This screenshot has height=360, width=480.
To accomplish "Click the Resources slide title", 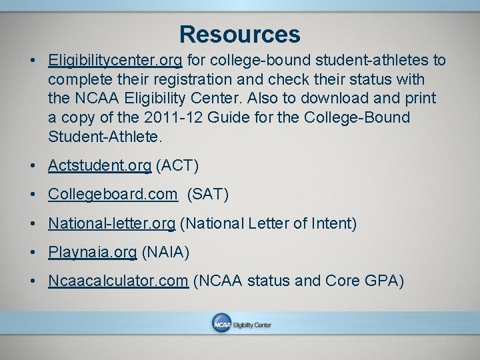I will [x=239, y=34].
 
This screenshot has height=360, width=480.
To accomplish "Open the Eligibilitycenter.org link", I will [x=115, y=61].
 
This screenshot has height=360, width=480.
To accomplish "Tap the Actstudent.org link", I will [x=99, y=165].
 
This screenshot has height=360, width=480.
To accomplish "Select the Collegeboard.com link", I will [x=113, y=194].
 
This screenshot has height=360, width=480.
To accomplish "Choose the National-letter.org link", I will [x=111, y=223].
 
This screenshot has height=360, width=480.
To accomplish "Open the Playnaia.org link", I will [x=92, y=252].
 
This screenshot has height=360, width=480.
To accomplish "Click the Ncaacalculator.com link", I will [x=117, y=281].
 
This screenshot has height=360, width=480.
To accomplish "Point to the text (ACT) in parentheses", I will [x=177, y=165].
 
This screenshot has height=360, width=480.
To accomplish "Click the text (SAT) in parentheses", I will [x=208, y=194].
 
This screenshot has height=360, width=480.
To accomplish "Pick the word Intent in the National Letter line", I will [x=334, y=223].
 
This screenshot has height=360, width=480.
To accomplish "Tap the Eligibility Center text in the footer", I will [x=252, y=325].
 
